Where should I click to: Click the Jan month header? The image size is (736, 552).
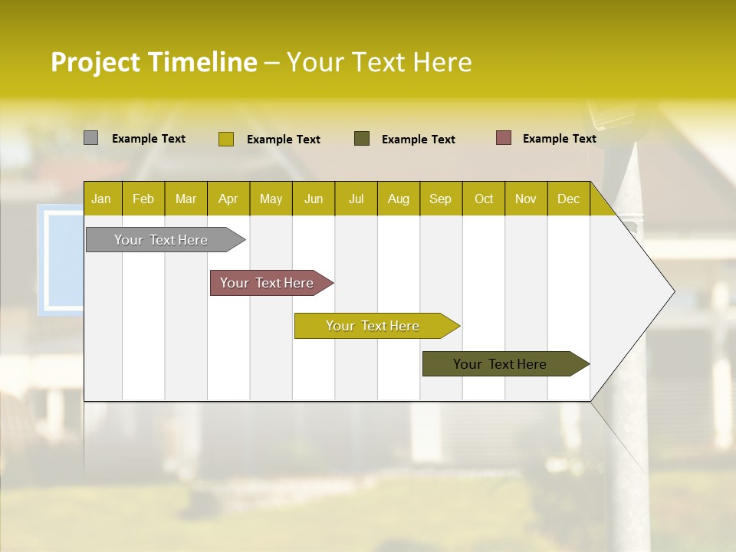point(101,199)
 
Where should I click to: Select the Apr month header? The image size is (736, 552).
point(228,199)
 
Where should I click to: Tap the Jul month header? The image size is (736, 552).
point(356,199)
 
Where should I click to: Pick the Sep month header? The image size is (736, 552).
point(441,199)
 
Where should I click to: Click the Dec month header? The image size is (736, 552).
point(568,199)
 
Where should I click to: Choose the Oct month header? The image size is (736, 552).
point(484,199)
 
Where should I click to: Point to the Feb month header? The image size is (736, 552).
point(143,199)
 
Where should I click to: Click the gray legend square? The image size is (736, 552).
point(90,138)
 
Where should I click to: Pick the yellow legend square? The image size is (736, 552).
point(225,139)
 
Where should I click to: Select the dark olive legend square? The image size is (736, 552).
point(362,138)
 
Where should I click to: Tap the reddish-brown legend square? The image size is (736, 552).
point(503,138)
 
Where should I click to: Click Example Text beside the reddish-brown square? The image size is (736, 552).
point(559,139)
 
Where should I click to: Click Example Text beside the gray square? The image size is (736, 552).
point(148,139)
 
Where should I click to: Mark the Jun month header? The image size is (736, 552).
point(314,199)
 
